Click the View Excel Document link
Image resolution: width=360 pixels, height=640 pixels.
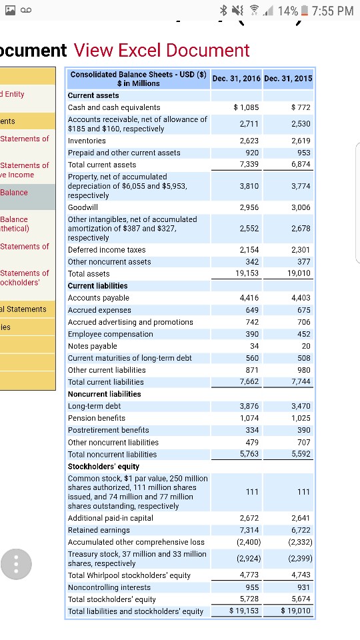pyautogui.click(x=161, y=50)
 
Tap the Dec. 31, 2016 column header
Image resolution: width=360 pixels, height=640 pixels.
pyautogui.click(x=236, y=79)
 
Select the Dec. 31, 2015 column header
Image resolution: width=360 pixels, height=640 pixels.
pyautogui.click(x=288, y=79)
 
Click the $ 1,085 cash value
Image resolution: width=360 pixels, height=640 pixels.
pyautogui.click(x=246, y=107)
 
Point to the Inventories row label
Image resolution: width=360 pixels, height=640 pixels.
pyautogui.click(x=87, y=141)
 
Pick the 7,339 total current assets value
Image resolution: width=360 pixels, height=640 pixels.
pyautogui.click(x=249, y=164)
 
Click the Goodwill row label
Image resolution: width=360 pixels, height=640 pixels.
pyautogui.click(x=83, y=207)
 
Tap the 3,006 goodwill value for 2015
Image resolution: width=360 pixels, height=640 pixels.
pyautogui.click(x=301, y=207)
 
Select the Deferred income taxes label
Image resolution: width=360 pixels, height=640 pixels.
pyautogui.click(x=107, y=250)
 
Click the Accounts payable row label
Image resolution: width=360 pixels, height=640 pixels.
pyautogui.click(x=99, y=298)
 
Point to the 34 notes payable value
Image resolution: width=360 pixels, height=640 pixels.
pyautogui.click(x=254, y=346)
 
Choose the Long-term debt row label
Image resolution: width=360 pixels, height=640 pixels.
pyautogui.click(x=94, y=406)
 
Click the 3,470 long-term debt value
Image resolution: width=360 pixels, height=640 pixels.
pyautogui.click(x=301, y=406)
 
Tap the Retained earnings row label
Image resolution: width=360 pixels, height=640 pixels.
pyautogui.click(x=99, y=530)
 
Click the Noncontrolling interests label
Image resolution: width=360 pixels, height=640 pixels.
pyautogui.click(x=109, y=587)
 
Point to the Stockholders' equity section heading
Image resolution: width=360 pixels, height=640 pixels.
pyautogui.click(x=103, y=466)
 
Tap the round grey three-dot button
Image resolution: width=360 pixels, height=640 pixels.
pyautogui.click(x=16, y=564)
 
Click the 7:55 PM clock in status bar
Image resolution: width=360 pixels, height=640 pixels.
pyautogui.click(x=333, y=11)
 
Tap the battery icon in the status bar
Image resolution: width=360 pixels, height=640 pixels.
pyautogui.click(x=304, y=11)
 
